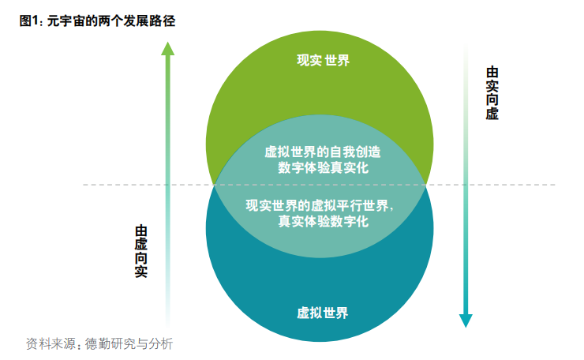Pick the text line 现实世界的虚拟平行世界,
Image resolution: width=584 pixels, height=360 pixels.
tap(320, 205)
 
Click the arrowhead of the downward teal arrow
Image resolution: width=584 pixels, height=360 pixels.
tap(466, 320)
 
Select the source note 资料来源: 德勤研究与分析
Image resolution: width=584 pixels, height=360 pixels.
tap(99, 343)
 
